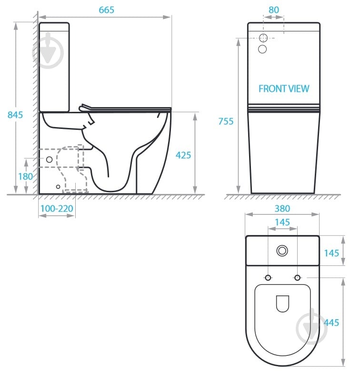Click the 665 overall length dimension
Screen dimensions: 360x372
click(x=106, y=10)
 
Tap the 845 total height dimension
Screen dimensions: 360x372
click(x=15, y=115)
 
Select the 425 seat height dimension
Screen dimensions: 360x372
click(x=183, y=155)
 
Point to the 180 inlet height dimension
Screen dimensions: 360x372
click(x=25, y=176)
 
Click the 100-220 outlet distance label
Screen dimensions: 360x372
click(x=57, y=208)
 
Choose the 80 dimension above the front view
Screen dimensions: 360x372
click(x=273, y=10)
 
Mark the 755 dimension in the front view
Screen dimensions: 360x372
click(x=226, y=121)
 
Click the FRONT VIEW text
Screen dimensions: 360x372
click(x=284, y=88)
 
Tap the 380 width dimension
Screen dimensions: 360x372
click(x=282, y=208)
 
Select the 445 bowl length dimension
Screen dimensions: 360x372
click(x=331, y=323)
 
